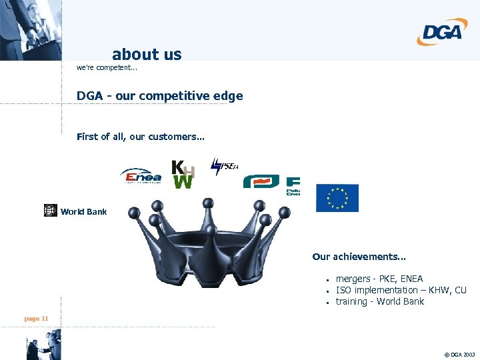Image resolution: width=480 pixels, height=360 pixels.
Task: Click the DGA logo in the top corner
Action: point(442,31)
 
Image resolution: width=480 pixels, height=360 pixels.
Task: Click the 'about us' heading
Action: point(147,54)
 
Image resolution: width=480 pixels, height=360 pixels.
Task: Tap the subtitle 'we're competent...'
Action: point(106,67)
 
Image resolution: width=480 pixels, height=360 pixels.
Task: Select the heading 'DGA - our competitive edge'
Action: point(159,96)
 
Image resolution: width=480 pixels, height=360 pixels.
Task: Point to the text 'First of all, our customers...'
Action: point(141,137)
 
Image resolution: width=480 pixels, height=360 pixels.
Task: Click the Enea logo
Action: point(140,176)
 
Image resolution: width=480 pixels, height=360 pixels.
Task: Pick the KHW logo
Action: point(183,174)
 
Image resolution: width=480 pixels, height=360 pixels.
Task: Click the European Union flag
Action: point(337,198)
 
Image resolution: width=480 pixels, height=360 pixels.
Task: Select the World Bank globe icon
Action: point(51,211)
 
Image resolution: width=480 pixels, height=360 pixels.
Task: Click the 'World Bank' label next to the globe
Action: point(83,212)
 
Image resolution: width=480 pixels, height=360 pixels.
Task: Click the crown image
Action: point(209,243)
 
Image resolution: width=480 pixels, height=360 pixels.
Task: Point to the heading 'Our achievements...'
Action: point(359,257)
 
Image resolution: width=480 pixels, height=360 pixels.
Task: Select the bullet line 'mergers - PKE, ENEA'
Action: point(379,279)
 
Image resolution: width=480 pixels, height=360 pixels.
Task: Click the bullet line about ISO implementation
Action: point(401,290)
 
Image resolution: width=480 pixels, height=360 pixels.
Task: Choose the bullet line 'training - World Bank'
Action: point(379,301)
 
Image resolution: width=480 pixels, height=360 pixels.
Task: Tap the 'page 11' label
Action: point(36,319)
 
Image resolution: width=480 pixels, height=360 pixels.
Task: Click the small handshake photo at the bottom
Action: point(43,345)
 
